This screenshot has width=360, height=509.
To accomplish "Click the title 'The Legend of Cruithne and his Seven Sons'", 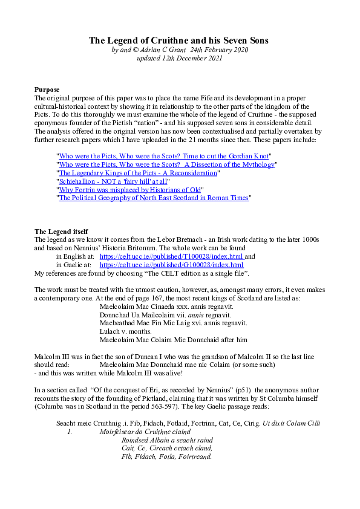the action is [x=179, y=41].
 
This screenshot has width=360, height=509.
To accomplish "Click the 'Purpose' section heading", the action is [x=47, y=90].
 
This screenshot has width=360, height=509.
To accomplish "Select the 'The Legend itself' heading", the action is [x=61, y=232].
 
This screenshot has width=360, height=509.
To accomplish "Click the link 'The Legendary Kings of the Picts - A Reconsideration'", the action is [x=137, y=173].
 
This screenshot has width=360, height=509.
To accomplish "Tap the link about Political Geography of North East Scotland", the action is [x=154, y=198].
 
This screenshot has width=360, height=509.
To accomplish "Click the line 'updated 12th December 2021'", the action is [x=180, y=58].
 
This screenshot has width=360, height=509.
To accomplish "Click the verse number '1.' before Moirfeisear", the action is [x=70, y=432].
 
